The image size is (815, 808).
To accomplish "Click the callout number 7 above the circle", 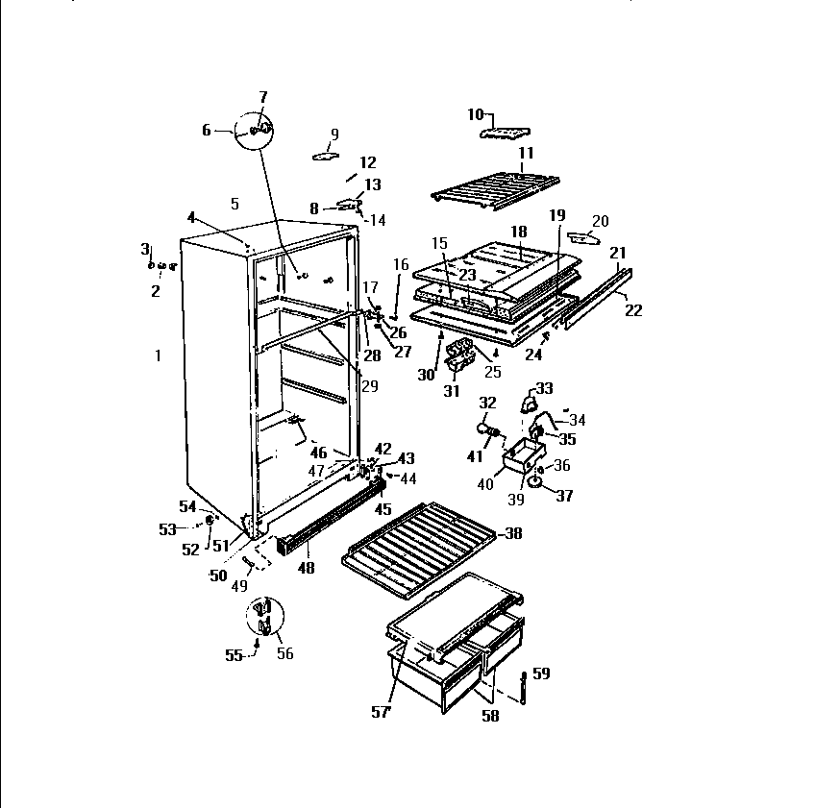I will click(x=263, y=97).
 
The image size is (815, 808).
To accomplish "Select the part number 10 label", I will click(x=475, y=114).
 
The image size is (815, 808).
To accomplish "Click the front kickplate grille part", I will click(x=327, y=520).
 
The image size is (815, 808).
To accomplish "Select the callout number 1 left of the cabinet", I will click(x=158, y=356).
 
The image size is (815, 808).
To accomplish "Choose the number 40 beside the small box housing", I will click(x=485, y=484).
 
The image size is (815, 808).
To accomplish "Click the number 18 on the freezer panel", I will click(x=519, y=232).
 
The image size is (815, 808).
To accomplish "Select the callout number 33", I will click(x=544, y=388).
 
